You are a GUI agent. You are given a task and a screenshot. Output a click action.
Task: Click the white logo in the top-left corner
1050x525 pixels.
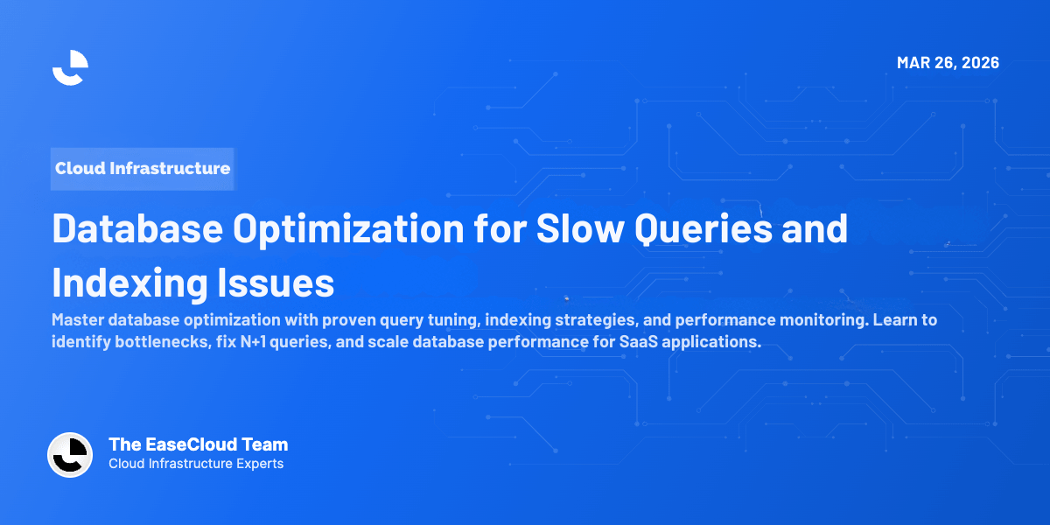[x=70, y=67]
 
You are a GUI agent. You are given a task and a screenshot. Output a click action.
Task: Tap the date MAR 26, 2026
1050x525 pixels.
[x=948, y=63]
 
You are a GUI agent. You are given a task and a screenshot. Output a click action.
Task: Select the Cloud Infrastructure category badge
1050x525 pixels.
[x=143, y=168]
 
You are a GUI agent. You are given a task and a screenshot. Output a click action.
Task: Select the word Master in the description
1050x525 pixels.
[x=78, y=320]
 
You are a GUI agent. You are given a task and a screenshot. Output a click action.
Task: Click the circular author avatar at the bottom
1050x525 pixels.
[x=70, y=455]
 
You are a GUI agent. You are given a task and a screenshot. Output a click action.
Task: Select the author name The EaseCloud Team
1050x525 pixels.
[x=198, y=444]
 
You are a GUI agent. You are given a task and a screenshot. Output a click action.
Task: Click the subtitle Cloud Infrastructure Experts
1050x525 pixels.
[x=196, y=464]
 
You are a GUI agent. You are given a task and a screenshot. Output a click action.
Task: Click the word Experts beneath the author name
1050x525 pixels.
[x=258, y=464]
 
